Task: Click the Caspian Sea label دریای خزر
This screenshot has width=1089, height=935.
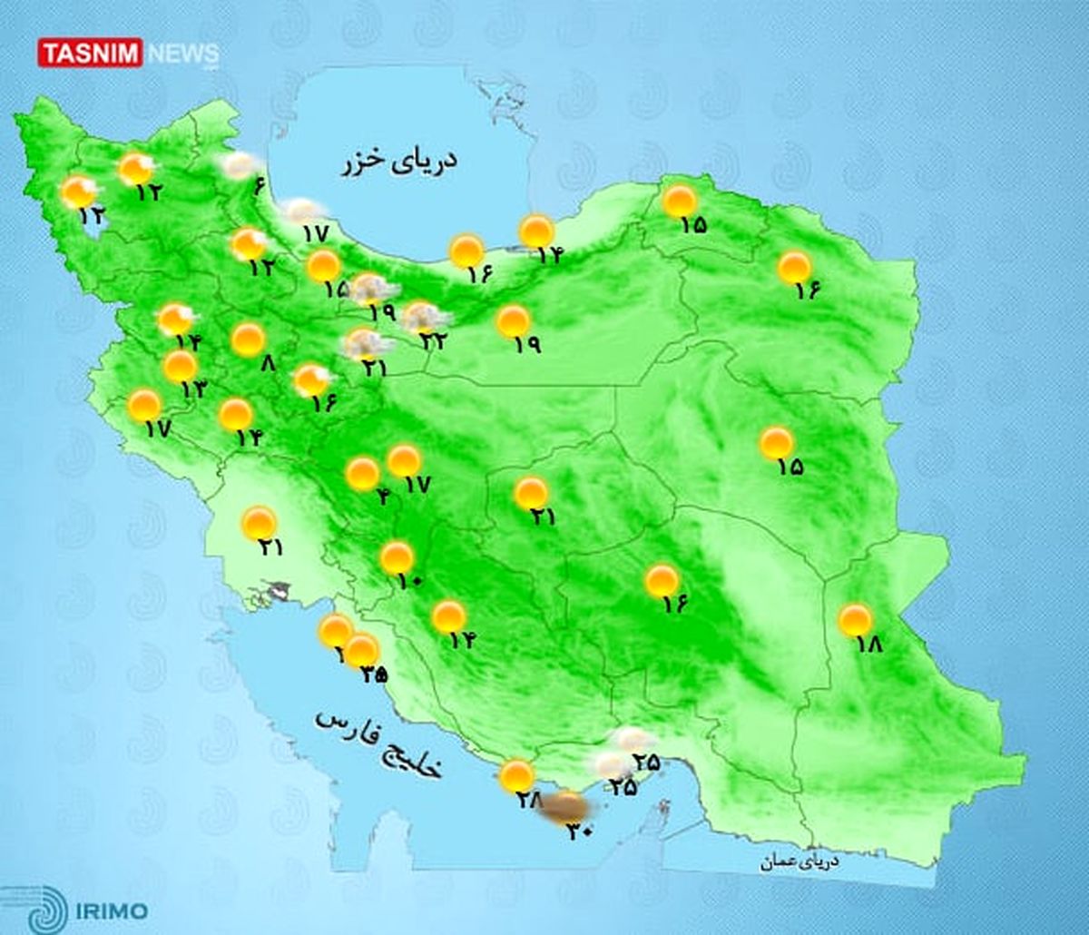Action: (398, 162)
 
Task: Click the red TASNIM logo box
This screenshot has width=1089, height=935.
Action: (90, 52)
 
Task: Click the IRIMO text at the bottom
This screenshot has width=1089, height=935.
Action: (113, 909)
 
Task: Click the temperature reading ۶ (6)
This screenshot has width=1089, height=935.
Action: (258, 187)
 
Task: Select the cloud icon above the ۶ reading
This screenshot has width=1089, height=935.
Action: (240, 164)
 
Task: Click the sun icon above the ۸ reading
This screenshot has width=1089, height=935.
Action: (248, 340)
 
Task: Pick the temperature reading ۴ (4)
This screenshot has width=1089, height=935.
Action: (383, 496)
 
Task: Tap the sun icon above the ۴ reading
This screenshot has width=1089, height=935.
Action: (363, 473)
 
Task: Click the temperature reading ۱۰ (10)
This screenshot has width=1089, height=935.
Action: (410, 581)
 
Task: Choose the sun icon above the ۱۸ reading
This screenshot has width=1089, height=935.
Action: (855, 621)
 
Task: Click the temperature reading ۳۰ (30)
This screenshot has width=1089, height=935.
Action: (579, 830)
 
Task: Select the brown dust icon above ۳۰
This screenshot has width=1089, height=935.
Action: (566, 805)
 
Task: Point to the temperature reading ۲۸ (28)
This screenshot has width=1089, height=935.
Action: (530, 801)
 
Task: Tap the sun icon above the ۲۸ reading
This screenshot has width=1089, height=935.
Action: (516, 776)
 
